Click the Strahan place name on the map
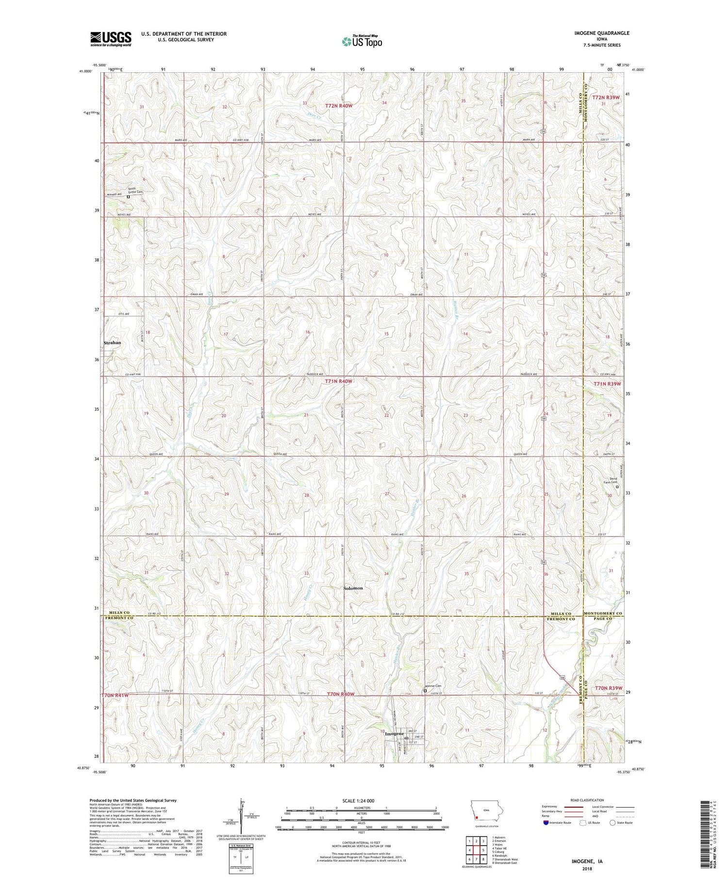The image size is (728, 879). click(x=112, y=343)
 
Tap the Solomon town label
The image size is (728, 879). click(x=353, y=588)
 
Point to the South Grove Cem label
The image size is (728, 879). click(x=135, y=191)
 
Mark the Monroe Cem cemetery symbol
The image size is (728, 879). click(x=425, y=691)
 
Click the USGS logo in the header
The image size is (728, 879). click(x=111, y=39)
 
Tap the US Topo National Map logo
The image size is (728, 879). click(x=362, y=41)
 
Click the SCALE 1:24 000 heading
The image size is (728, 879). click(x=358, y=801)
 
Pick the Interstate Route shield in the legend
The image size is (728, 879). click(x=546, y=823)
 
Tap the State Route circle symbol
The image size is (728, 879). click(x=612, y=823)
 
